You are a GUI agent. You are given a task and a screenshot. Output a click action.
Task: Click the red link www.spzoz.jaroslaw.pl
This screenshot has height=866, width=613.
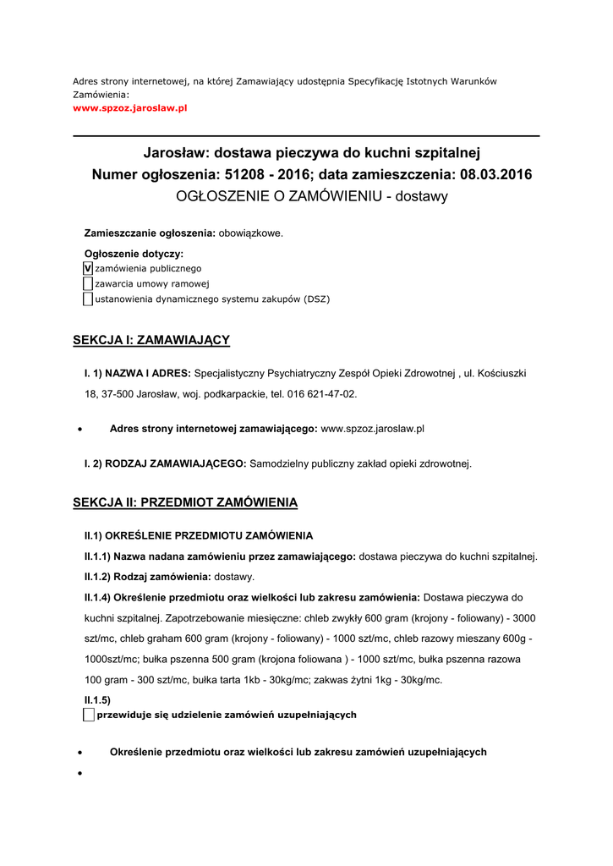click(x=130, y=109)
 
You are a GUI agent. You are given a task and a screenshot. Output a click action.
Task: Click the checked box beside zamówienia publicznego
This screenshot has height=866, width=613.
click(x=88, y=268)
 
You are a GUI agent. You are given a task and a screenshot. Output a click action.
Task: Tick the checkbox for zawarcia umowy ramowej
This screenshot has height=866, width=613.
click(x=88, y=283)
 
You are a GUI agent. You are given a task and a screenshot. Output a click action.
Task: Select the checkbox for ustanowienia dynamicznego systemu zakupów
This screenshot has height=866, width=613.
click(x=88, y=299)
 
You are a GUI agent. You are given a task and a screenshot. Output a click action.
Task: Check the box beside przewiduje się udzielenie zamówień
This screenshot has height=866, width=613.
click(x=89, y=715)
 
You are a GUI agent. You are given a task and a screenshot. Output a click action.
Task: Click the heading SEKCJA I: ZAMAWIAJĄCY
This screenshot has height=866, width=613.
click(x=151, y=340)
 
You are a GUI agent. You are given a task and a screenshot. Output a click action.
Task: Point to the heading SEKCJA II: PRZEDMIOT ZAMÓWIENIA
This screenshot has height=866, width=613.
click(x=185, y=502)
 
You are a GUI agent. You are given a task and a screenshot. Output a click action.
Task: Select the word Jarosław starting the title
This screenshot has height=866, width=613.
click(x=175, y=153)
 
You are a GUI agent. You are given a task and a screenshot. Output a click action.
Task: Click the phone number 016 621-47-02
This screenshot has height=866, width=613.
click(x=316, y=394)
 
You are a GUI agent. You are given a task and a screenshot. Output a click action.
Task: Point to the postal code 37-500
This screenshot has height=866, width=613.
click(x=118, y=394)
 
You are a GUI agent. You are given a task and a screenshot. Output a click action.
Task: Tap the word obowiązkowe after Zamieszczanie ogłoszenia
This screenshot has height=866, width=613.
click(x=251, y=233)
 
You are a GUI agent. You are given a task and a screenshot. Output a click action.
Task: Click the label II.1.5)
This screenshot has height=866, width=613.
click(x=97, y=699)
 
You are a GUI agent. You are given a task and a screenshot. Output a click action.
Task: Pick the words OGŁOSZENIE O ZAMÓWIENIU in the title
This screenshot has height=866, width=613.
click(x=273, y=196)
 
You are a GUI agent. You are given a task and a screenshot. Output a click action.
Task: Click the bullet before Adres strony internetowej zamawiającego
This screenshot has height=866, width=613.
click(x=79, y=430)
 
